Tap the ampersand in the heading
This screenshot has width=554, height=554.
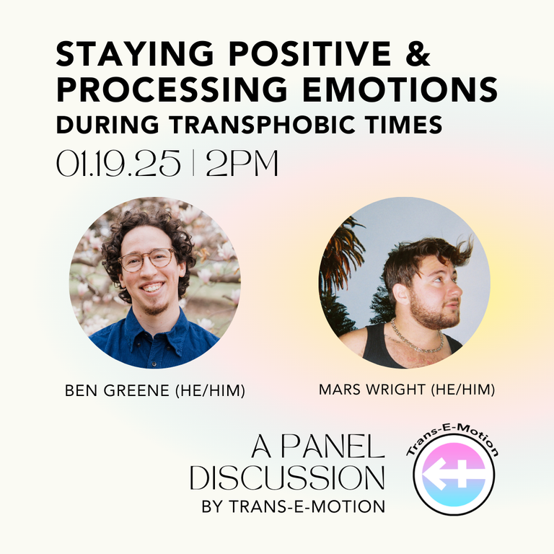tap(418, 53)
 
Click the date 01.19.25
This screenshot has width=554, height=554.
tap(118, 163)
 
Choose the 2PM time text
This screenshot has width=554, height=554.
tap(242, 163)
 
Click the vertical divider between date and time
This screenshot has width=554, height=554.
tap(193, 163)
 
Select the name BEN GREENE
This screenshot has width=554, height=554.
tap(117, 390)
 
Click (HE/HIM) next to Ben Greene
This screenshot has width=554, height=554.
tap(210, 390)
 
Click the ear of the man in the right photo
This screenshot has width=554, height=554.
tap(401, 294)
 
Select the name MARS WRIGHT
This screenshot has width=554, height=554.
tap(372, 390)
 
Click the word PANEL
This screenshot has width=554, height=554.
tap(333, 447)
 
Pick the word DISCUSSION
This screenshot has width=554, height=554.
tap(287, 478)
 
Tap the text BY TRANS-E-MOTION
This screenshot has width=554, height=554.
tap(294, 506)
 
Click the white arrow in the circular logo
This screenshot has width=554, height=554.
tap(454, 475)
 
